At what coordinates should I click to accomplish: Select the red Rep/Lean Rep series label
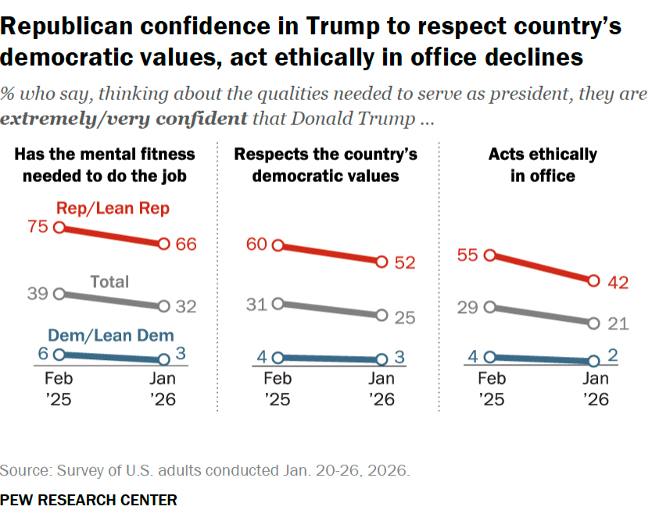pos(113,208)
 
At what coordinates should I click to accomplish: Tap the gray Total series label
pos(109,281)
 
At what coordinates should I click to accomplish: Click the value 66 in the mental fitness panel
pos(185,244)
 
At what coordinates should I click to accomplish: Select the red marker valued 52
pos(382,262)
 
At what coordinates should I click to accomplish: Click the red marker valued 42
pos(593,280)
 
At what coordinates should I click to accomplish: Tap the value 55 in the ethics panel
pos(468,255)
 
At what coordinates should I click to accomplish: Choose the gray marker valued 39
pos(59,294)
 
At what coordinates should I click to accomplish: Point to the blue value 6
pos(43,354)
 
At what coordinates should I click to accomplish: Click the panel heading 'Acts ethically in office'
pos(543,164)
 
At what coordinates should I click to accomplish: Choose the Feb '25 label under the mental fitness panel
pos(59,388)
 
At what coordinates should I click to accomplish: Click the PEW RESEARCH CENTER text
pos(88,500)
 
